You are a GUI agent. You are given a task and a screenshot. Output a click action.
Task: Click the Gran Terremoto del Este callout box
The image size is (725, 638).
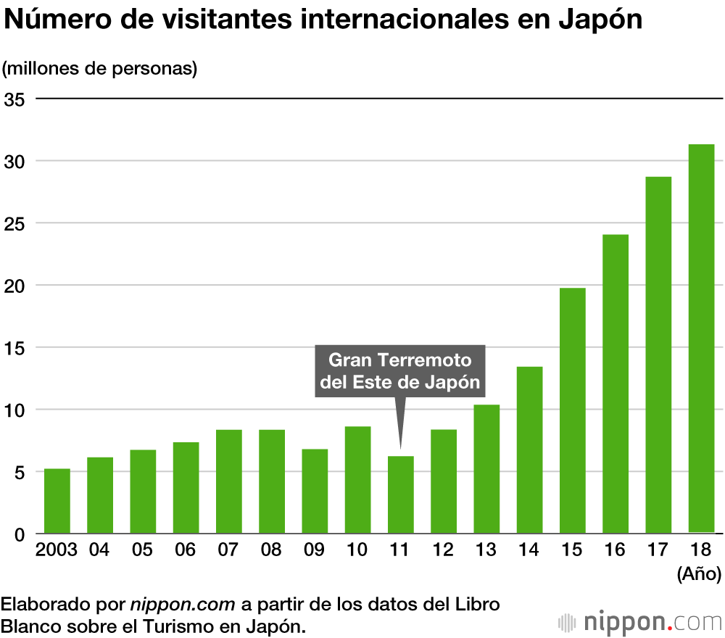click(400, 371)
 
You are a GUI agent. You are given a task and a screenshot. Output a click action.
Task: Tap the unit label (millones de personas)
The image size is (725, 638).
click(100, 69)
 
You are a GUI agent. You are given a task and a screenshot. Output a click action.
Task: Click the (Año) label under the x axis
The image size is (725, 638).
click(698, 575)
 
